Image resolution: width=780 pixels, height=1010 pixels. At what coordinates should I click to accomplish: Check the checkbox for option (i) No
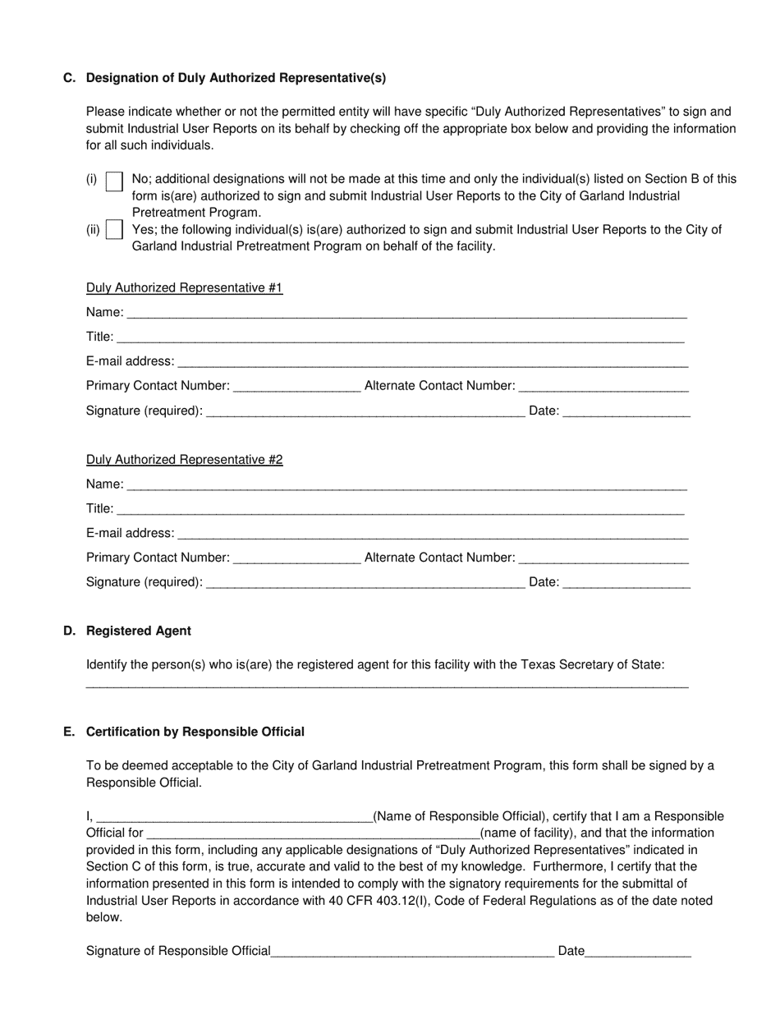pyautogui.click(x=115, y=181)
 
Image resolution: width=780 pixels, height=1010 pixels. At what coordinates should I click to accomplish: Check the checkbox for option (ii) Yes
pyautogui.click(x=115, y=230)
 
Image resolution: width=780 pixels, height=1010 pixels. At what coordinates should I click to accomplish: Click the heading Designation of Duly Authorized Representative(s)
pyautogui.click(x=236, y=78)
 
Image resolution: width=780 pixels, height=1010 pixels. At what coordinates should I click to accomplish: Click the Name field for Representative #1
pyautogui.click(x=406, y=312)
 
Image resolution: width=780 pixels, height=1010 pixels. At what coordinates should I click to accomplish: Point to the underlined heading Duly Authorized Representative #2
pyautogui.click(x=185, y=460)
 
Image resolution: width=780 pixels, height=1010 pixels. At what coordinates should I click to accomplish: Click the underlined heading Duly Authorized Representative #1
pyautogui.click(x=185, y=288)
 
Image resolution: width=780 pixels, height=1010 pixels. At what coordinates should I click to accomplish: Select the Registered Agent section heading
pyautogui.click(x=139, y=631)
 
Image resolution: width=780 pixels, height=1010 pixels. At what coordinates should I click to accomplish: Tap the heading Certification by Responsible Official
pyautogui.click(x=195, y=732)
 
